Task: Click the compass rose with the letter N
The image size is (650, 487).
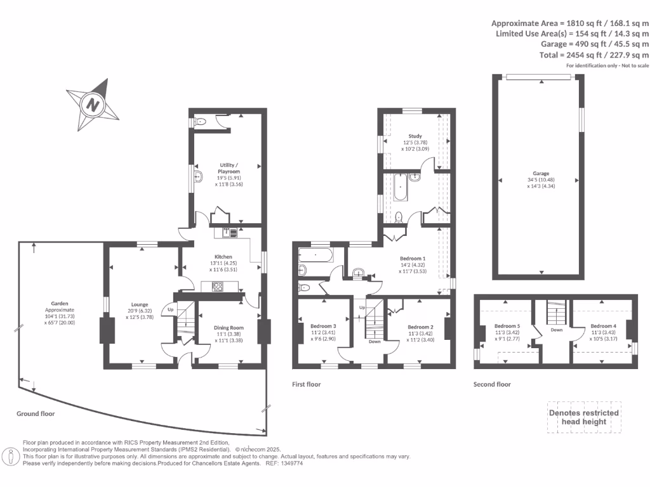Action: (93, 104)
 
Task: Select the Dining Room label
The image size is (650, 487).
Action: (228, 328)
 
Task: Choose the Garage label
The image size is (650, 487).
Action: (541, 173)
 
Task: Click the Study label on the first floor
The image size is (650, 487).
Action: (415, 136)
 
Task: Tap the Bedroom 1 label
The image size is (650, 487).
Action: (413, 259)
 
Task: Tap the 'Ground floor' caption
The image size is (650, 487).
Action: (36, 413)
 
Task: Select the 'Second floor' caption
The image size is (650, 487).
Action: (492, 384)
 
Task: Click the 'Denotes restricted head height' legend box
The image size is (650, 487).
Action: (583, 417)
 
